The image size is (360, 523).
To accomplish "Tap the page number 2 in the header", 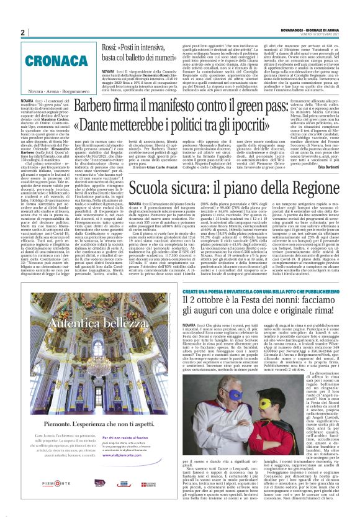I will [x=22, y=32].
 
